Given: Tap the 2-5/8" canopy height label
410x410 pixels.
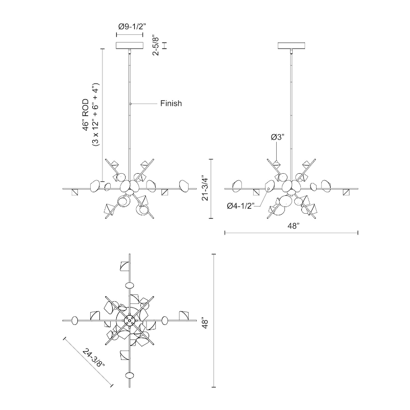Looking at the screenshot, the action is (156, 45).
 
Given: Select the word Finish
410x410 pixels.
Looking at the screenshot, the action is (171, 104).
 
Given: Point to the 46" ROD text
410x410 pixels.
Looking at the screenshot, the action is (86, 115).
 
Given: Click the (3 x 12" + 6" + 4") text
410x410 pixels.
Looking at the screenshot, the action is (96, 114).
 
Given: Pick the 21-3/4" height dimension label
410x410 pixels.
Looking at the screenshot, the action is (205, 189).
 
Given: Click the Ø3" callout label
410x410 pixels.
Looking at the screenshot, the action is (277, 137).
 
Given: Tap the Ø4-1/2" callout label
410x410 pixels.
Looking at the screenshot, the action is (240, 207).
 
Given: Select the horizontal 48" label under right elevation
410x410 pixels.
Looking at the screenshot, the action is (293, 226).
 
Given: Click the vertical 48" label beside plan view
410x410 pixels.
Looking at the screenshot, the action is (205, 323).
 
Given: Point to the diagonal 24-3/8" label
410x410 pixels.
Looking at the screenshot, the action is (93, 358).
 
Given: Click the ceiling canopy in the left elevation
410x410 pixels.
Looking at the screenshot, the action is (130, 45).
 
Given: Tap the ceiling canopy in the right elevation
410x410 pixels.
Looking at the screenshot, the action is (291, 45).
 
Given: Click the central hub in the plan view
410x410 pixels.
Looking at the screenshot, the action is (130, 320).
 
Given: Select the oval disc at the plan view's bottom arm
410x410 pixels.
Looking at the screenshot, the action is (130, 376).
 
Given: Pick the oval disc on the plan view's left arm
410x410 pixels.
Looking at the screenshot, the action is (75, 321).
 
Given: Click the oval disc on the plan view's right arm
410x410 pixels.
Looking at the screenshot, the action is (165, 321).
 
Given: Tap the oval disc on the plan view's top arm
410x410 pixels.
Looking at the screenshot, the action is (130, 285).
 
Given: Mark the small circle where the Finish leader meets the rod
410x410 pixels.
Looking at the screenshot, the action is (131, 104).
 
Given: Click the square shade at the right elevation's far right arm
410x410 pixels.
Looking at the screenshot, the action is (346, 192).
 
